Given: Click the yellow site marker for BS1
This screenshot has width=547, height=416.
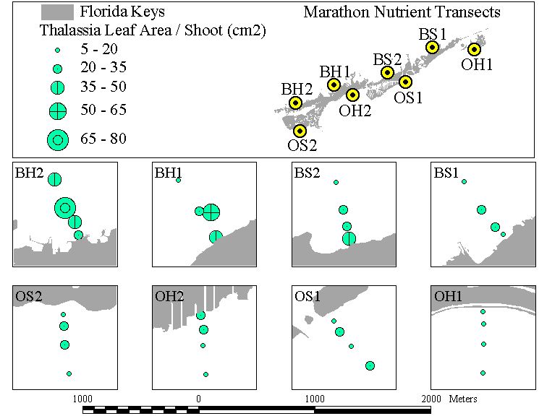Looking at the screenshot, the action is coord(432,47).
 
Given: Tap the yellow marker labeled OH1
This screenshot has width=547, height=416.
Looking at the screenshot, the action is coord(474,49).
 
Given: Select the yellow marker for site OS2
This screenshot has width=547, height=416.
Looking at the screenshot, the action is coord(300,131).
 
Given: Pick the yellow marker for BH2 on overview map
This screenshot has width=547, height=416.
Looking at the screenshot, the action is coord(295,103).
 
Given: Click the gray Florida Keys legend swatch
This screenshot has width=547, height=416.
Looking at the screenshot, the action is coord(57,12).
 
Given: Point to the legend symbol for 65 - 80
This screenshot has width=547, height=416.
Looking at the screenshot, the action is coord(58,140).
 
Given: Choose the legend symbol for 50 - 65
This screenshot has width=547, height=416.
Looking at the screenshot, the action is coord(58,111).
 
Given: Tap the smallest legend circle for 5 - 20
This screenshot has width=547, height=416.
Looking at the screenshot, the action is coord(58,50).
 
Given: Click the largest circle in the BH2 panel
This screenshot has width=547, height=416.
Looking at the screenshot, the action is coord(65,208).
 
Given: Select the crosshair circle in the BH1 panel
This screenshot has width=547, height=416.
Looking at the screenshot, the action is coord(211,212).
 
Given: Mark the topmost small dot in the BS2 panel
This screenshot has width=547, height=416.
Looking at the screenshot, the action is coord(336,183).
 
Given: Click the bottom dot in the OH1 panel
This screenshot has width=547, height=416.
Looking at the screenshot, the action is coord(483,373).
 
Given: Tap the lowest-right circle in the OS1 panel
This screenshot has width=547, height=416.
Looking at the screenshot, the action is coord(370,366).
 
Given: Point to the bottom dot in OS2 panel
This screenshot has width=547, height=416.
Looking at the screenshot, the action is coord(69,373).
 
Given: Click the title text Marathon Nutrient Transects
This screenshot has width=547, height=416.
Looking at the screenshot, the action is coord(402,12).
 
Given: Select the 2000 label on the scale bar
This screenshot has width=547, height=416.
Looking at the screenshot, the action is coord(431,399).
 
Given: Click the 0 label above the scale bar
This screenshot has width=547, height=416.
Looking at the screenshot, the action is coord(198,399).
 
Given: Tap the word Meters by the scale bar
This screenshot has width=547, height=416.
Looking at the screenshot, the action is coord(463,399).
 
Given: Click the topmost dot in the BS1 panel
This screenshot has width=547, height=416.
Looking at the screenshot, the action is coord(464,182).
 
